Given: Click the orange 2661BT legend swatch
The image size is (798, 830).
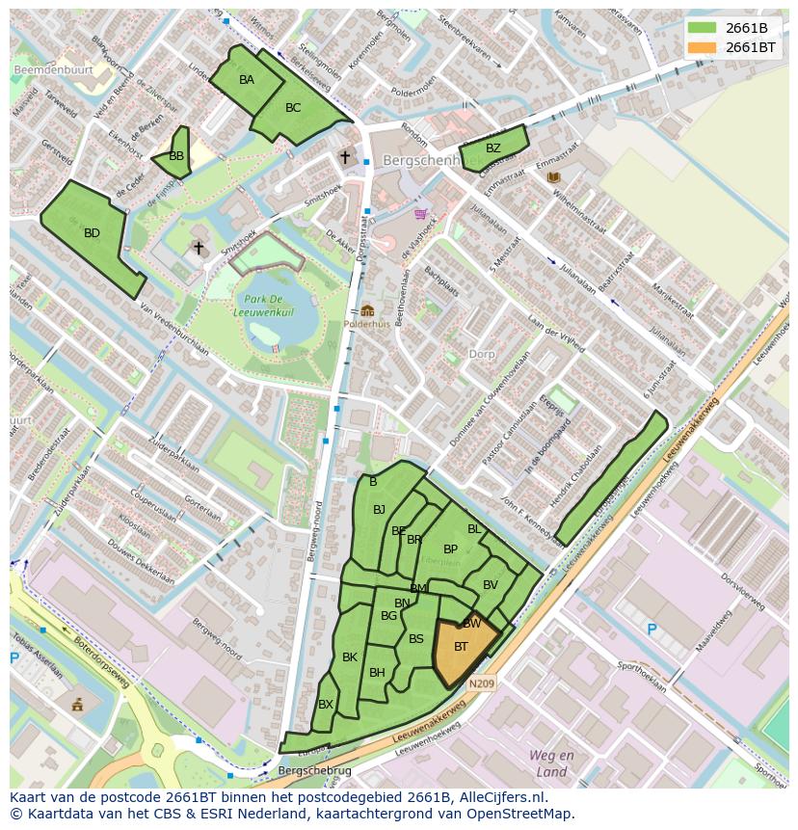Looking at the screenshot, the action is click(x=704, y=47).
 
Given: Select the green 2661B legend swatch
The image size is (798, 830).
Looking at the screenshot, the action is click(x=704, y=28).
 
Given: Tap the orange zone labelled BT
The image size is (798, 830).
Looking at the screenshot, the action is click(x=461, y=647).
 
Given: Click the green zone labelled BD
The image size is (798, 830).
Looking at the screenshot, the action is click(x=92, y=233).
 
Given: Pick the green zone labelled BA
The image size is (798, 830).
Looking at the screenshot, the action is click(x=247, y=80).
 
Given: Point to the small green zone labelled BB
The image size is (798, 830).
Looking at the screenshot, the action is click(x=175, y=155).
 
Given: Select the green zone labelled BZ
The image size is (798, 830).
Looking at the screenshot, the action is click(x=493, y=148).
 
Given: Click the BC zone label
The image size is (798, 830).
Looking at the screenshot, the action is click(x=293, y=108).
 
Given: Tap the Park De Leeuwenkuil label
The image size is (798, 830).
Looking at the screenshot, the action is click(x=269, y=307).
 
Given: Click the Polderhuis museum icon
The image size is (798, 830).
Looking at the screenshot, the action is click(x=367, y=310).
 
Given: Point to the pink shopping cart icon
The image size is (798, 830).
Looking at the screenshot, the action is click(x=420, y=214).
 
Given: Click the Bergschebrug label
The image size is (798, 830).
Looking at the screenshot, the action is click(x=314, y=771).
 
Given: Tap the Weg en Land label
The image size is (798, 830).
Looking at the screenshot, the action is click(x=551, y=763).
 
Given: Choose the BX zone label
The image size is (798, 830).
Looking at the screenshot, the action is click(x=326, y=705).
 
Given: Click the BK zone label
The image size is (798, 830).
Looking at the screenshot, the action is click(x=350, y=657).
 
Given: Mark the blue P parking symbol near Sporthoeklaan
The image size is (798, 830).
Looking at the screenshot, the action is click(x=652, y=629).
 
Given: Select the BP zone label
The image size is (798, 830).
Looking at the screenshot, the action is click(x=450, y=549).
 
